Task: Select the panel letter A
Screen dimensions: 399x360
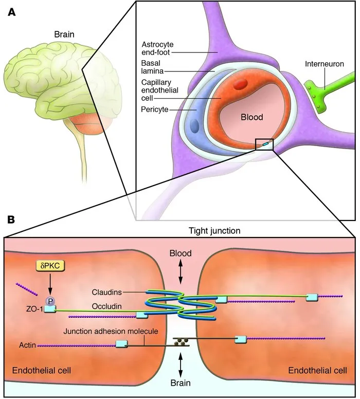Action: click(x=11, y=12)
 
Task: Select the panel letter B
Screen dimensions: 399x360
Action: click(x=11, y=220)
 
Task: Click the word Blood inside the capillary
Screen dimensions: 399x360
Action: click(x=252, y=117)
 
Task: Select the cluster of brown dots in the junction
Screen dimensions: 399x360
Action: click(x=181, y=340)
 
